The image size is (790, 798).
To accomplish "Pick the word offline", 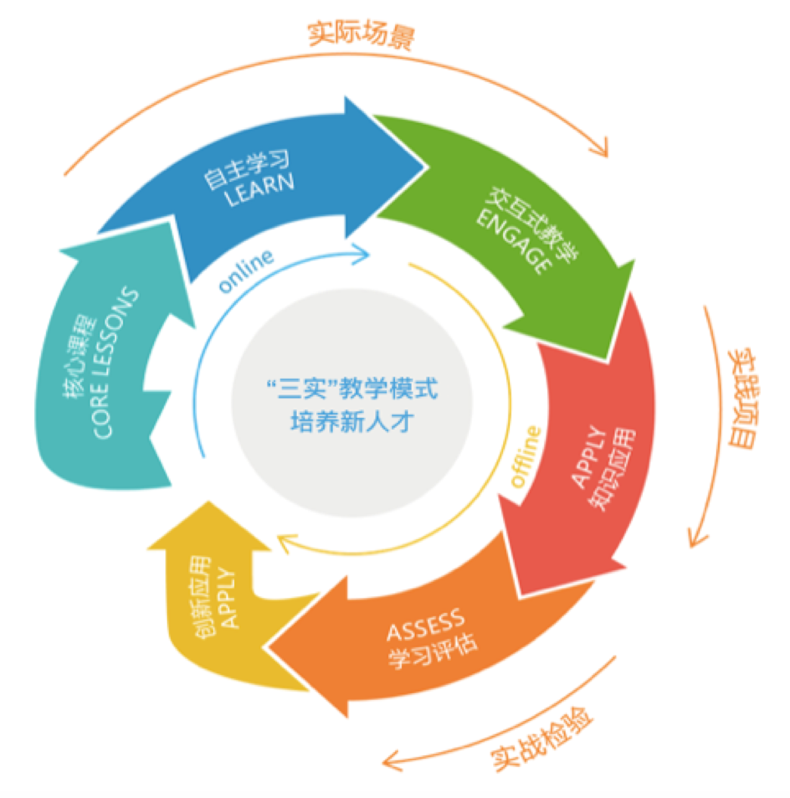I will coord(529,456).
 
